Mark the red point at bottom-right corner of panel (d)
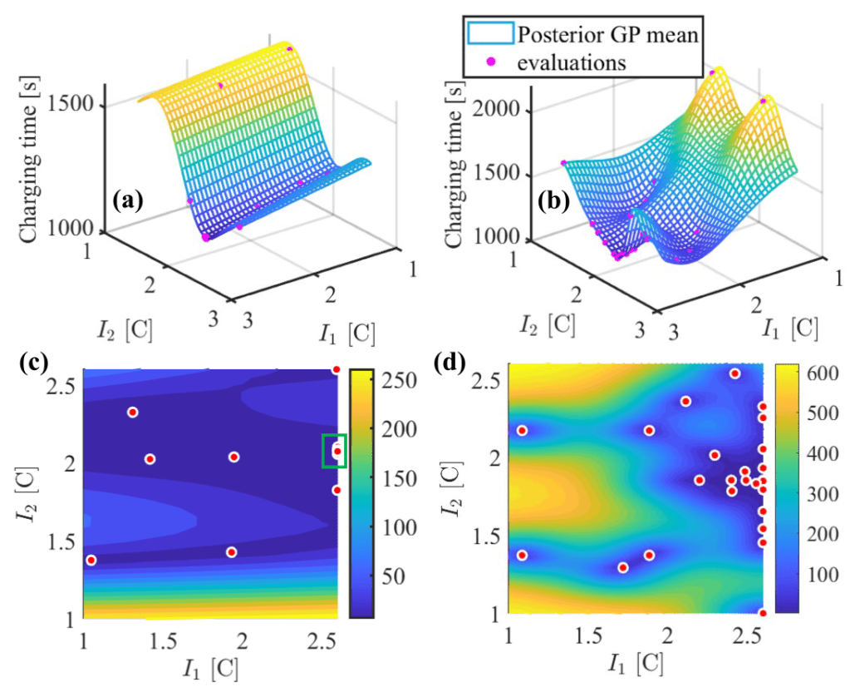[x=762, y=613]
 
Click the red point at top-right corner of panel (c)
[x=337, y=369]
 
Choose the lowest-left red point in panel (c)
[x=91, y=560]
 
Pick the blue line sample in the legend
[x=491, y=34]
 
